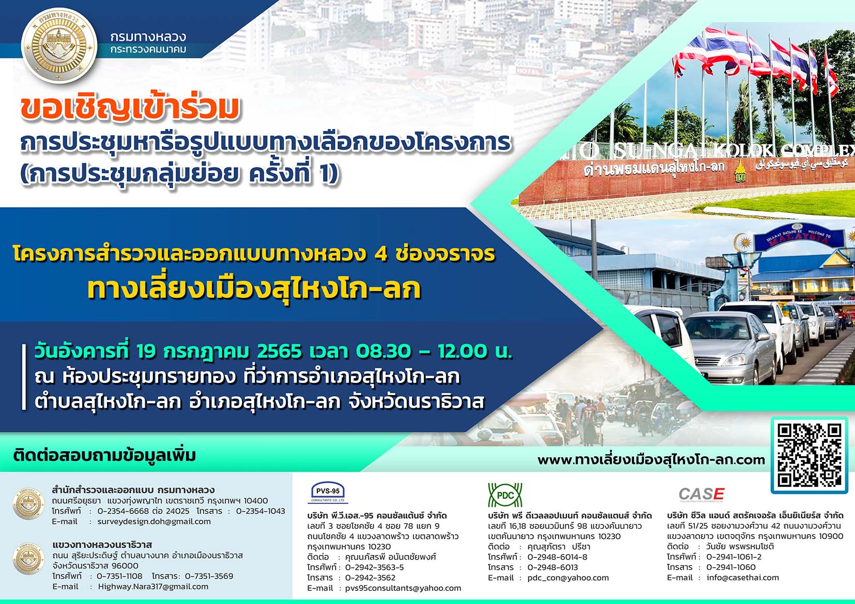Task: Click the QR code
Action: pos(809,455)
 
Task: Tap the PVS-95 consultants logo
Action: pos(328,492)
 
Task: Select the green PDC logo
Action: pos(505,495)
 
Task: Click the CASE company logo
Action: pos(701,494)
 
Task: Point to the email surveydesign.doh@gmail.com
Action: pos(154,521)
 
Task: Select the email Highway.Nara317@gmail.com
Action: pos(153,586)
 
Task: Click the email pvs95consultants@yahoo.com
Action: pos(403,588)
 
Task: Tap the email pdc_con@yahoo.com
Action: pos(568,578)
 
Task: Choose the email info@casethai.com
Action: pos(742,577)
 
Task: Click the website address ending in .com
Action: pos(651,460)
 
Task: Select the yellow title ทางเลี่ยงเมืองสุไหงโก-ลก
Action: pos(254,289)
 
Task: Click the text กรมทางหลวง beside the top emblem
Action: pos(148,37)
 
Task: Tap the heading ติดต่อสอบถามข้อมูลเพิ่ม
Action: pos(104,456)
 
